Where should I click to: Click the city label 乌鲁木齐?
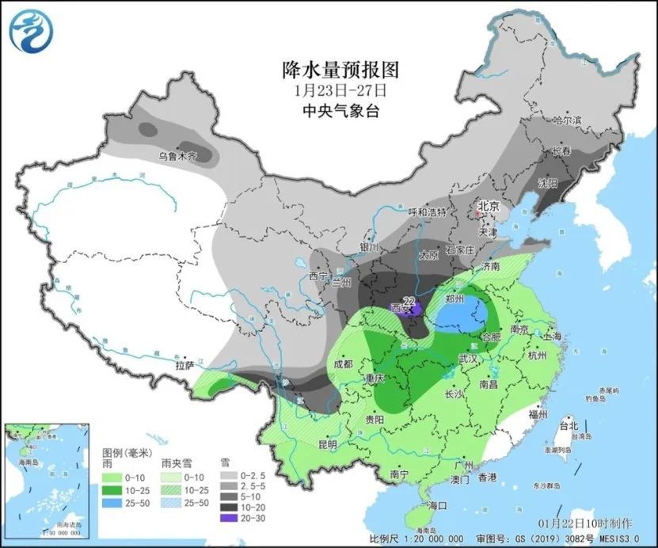176,157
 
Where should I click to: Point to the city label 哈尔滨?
566,121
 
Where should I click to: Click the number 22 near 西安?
409,301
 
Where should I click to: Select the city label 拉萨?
184,367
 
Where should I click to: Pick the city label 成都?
343,365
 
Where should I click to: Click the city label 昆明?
328,443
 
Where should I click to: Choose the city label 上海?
552,337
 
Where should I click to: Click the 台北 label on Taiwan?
569,426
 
